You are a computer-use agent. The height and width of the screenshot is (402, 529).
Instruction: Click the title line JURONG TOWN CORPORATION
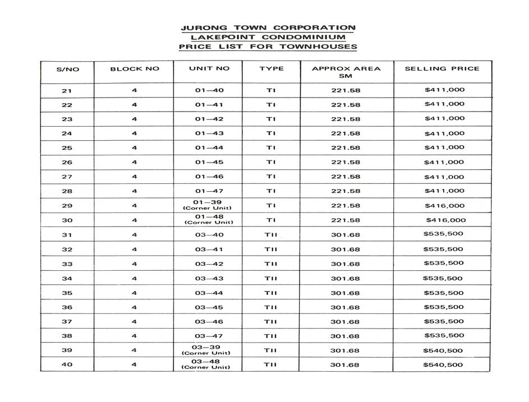[x=268, y=27]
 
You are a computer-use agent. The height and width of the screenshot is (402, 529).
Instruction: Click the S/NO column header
[x=67, y=70]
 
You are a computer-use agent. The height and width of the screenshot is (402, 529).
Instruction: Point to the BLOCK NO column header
[x=135, y=69]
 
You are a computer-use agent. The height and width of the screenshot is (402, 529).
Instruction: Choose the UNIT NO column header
[x=209, y=68]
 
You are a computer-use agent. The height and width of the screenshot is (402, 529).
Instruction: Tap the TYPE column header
[x=272, y=68]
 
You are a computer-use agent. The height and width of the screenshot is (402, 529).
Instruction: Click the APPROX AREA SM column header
[x=338, y=72]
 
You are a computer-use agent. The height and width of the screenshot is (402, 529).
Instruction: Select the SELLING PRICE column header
[x=442, y=68]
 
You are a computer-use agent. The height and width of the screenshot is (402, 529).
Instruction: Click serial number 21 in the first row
[x=67, y=91]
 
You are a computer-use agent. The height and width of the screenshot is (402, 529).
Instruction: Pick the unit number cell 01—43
[x=209, y=133]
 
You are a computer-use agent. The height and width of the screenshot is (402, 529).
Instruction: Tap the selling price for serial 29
[x=444, y=206]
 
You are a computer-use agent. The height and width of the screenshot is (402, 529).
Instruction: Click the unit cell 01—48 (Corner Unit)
[x=209, y=219]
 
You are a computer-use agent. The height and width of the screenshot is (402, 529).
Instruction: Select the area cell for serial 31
[x=345, y=235]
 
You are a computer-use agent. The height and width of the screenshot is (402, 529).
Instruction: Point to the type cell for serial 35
[x=271, y=293]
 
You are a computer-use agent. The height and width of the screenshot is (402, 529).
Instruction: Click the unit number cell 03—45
[x=209, y=307]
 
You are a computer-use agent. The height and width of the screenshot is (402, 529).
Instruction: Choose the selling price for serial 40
[x=443, y=365]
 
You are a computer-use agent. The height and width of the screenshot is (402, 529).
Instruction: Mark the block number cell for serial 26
[x=135, y=163]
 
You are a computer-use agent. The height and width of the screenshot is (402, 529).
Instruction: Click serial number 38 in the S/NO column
[x=67, y=336]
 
